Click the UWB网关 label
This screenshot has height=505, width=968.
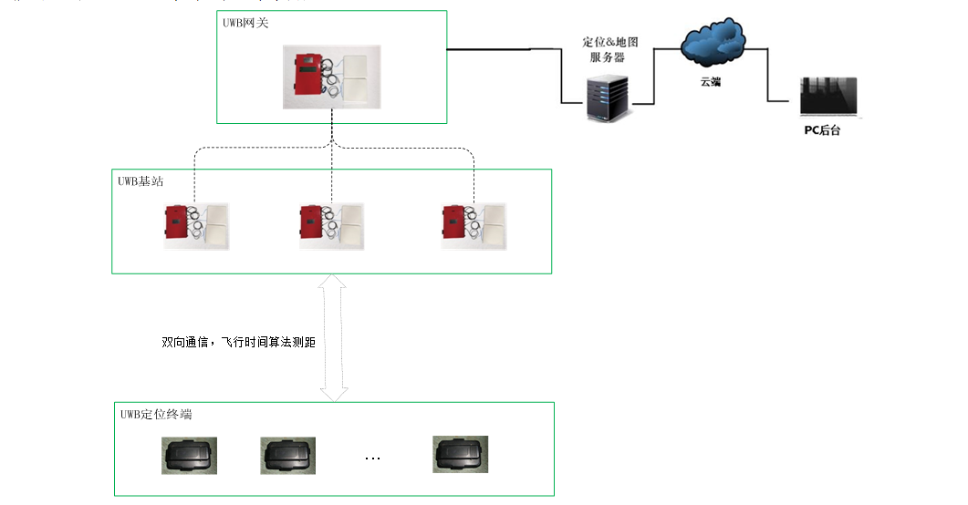(x=242, y=22)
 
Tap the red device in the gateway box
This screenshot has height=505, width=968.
(x=307, y=76)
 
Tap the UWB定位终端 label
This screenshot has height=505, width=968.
(x=156, y=415)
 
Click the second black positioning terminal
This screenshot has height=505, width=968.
(x=287, y=454)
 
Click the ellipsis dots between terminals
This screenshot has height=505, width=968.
(x=372, y=458)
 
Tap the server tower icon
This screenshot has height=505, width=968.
(x=607, y=98)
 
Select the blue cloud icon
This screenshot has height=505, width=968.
(x=713, y=43)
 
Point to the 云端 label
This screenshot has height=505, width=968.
(x=712, y=82)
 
